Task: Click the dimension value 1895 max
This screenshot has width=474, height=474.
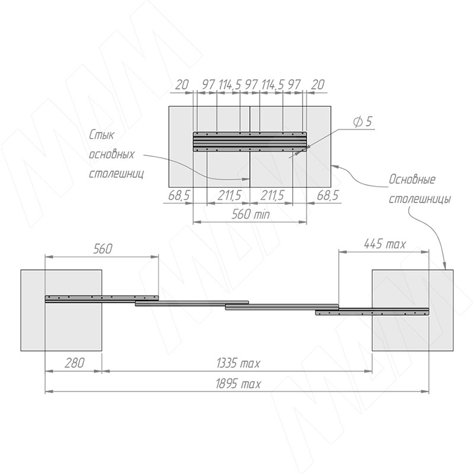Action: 238,384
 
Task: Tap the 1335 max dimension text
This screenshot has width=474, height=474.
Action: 238,363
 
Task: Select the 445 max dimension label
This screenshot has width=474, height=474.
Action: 385,244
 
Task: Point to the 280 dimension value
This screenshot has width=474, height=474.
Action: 74,363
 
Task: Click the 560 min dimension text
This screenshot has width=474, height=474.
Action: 250,214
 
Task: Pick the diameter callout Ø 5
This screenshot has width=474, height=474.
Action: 362,121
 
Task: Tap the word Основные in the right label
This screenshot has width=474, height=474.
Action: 412,180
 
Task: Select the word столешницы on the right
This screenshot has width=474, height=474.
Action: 419,199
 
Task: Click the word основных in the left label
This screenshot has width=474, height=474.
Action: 111,155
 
